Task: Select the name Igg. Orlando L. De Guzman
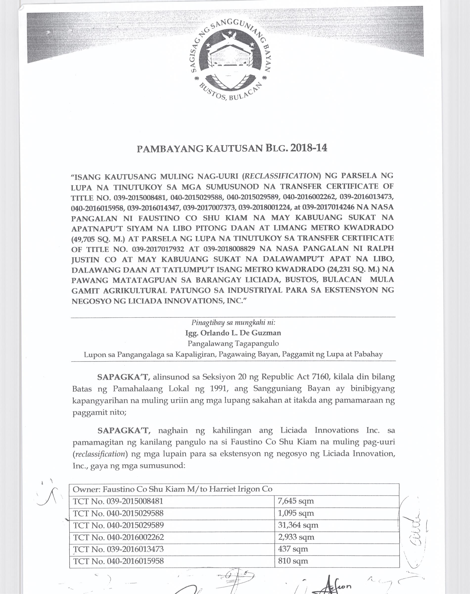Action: click(233, 333)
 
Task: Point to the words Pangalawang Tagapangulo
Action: click(233, 344)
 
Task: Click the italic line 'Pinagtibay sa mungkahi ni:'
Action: click(233, 322)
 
